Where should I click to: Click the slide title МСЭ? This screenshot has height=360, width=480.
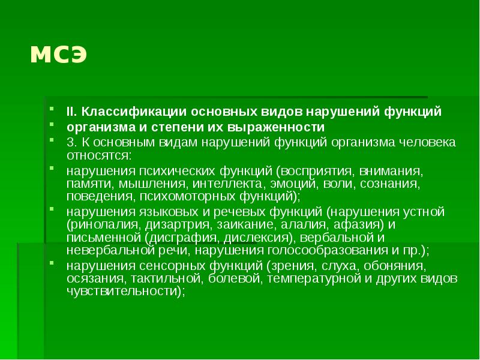point(59,55)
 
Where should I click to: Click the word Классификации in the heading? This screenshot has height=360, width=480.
point(127,112)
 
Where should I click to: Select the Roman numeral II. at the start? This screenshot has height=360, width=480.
point(71,112)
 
